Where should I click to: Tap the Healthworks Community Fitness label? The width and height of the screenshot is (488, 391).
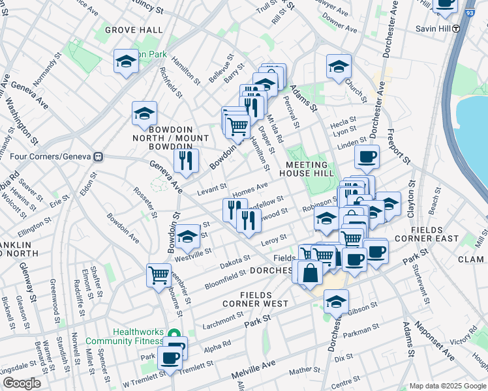(137, 336)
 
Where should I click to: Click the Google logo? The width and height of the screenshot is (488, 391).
(22, 383)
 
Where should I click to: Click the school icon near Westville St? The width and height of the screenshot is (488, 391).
(187, 237)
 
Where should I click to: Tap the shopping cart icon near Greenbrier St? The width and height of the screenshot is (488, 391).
(159, 275)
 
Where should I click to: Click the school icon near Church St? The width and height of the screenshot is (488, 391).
(338, 66)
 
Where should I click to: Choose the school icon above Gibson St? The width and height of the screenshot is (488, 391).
(336, 302)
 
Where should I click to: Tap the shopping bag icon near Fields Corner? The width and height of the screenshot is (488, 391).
(310, 272)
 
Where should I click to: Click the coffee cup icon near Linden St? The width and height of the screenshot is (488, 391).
(367, 156)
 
